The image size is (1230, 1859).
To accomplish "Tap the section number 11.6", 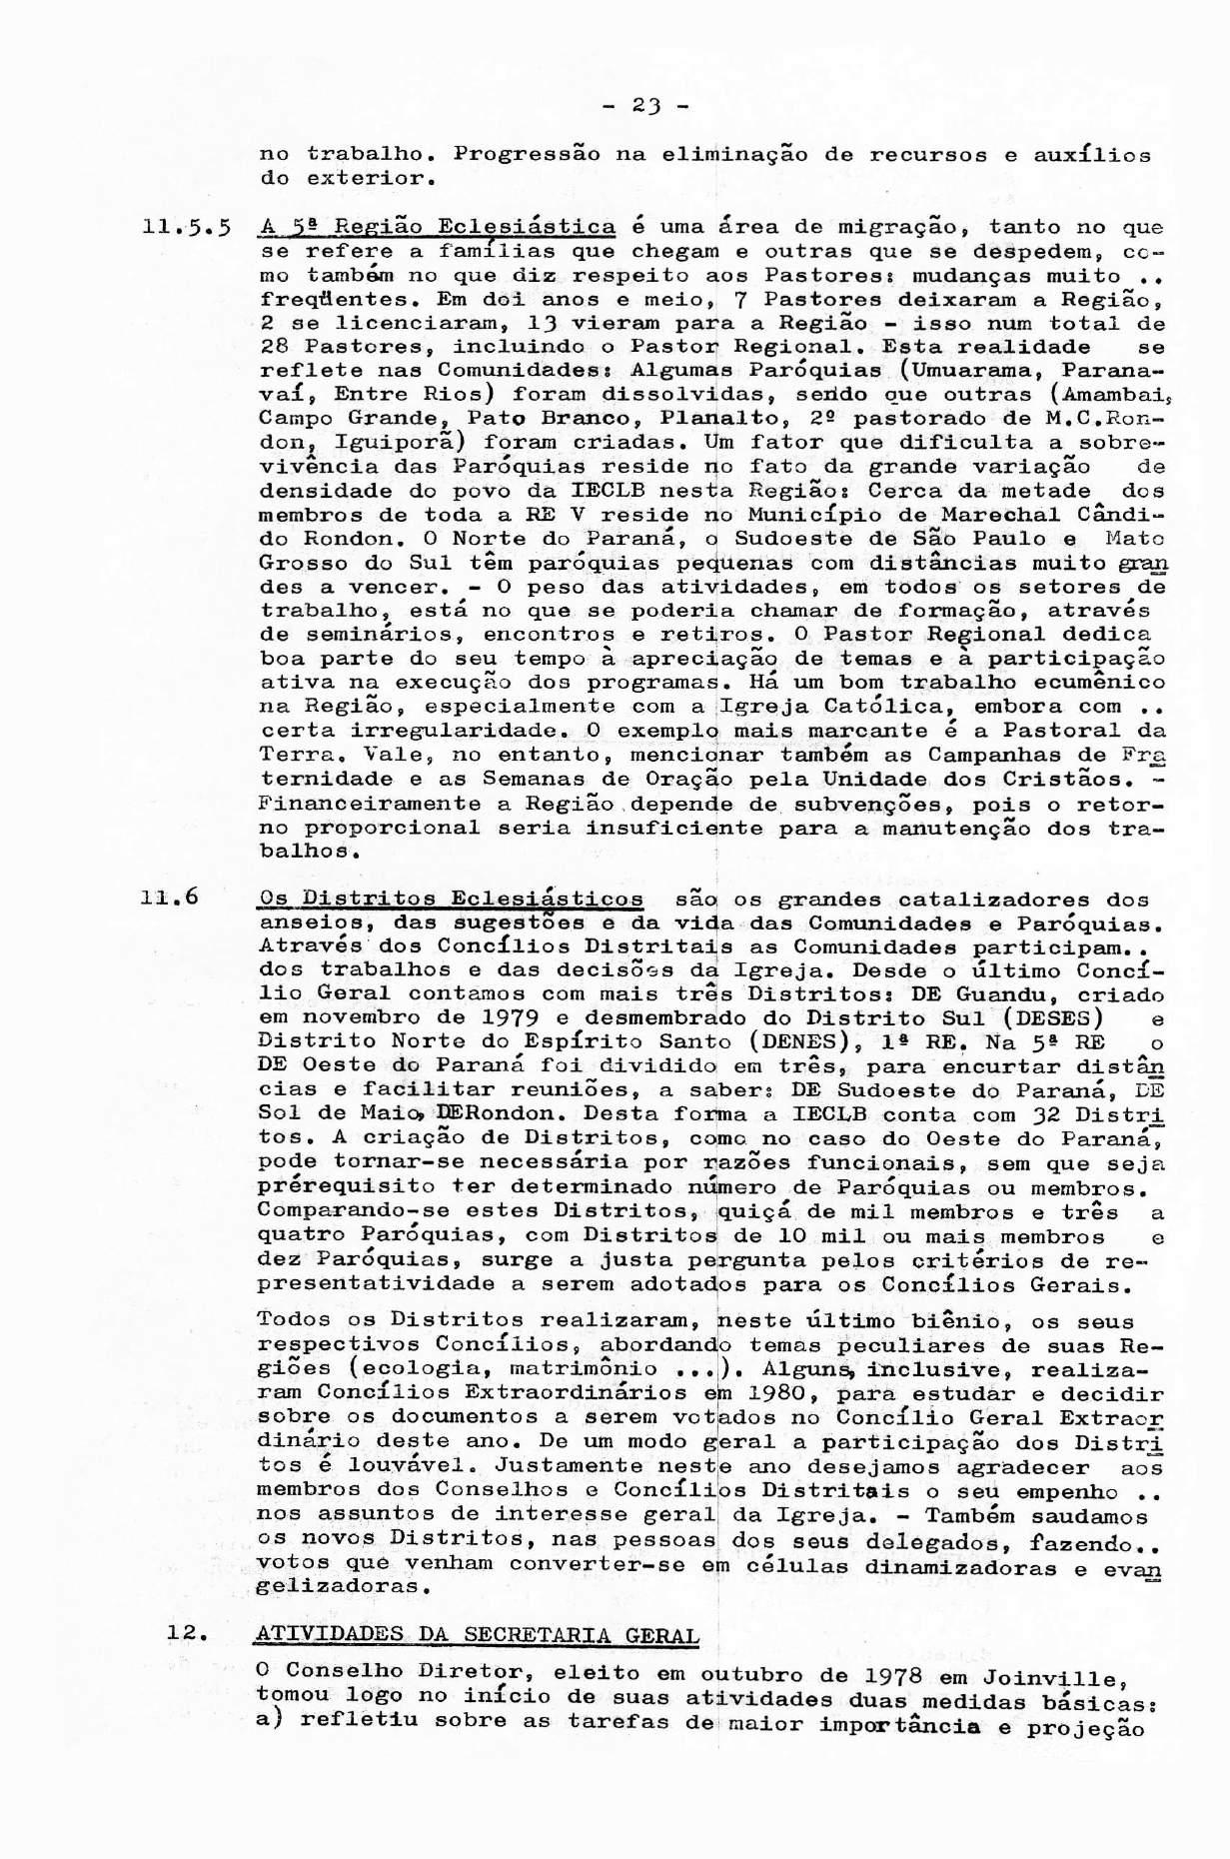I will tap(171, 897).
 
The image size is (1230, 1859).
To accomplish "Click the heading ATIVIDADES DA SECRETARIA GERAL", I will tap(478, 1635).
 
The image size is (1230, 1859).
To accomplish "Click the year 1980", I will tap(777, 1393).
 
